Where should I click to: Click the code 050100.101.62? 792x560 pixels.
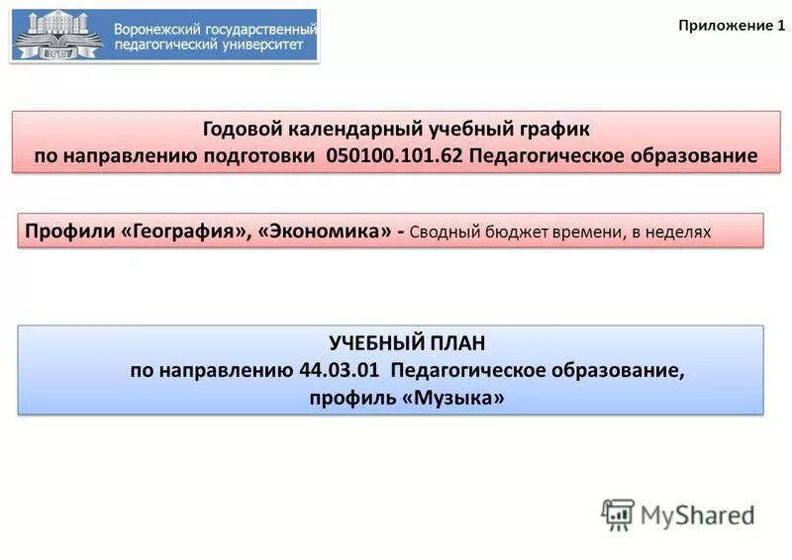(394, 156)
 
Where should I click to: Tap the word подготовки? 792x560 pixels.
(266, 156)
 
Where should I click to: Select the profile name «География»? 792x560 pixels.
(184, 232)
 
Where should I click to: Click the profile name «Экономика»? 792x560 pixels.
(325, 232)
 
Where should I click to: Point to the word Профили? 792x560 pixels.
(68, 232)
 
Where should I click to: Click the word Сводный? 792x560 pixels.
(444, 232)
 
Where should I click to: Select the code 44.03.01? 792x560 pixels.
(340, 370)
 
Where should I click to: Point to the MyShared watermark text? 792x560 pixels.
(697, 514)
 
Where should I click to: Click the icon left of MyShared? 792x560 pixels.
(618, 514)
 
